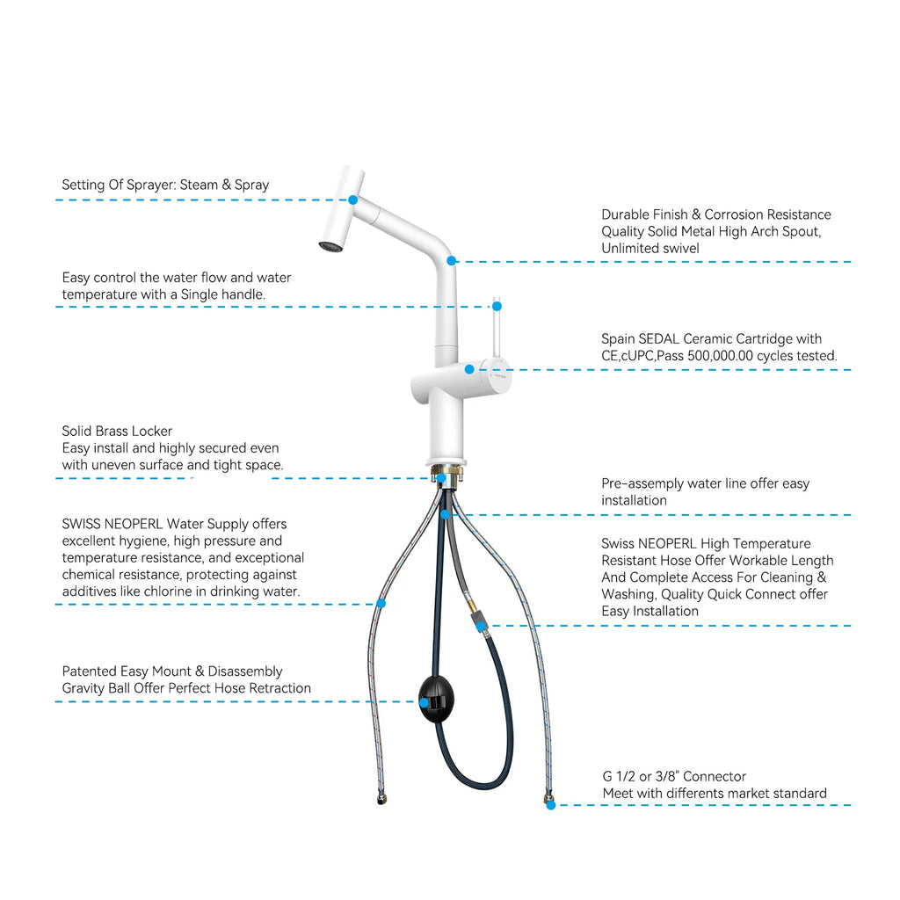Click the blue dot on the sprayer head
[353, 200]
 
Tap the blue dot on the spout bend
[451, 260]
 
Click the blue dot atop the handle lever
[497, 307]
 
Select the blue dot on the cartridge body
[469, 370]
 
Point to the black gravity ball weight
[436, 699]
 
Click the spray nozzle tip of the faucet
[330, 247]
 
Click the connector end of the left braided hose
[381, 798]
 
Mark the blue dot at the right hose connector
[550, 805]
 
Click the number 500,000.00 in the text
[720, 356]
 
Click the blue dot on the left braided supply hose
[381, 603]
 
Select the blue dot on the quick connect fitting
[481, 626]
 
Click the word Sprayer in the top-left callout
[153, 185]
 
